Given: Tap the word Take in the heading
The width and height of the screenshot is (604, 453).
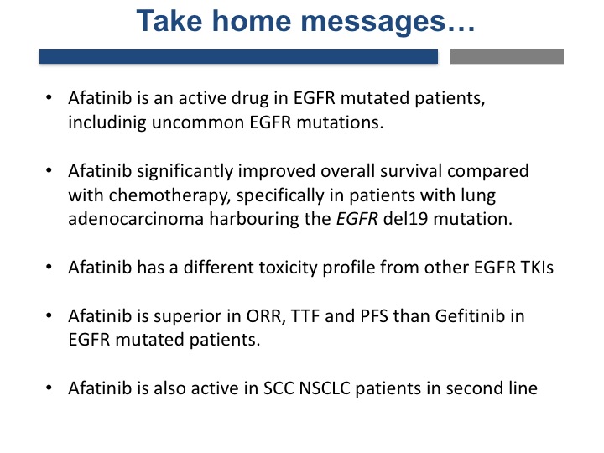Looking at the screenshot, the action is pyautogui.click(x=169, y=20).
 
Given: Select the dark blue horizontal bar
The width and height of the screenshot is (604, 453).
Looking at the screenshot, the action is pyautogui.click(x=238, y=57).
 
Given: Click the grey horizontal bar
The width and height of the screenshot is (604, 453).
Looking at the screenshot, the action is pyautogui.click(x=507, y=57).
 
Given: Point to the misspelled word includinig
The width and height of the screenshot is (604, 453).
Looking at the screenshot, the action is pyautogui.click(x=107, y=122).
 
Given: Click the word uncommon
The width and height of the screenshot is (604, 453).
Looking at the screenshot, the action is pyautogui.click(x=198, y=122).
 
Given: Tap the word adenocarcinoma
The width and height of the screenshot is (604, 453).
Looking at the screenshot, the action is pyautogui.click(x=136, y=219).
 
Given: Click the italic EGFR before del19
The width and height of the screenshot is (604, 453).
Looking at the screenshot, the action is pyautogui.click(x=357, y=219).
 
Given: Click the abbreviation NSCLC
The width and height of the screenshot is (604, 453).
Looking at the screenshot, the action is pyautogui.click(x=325, y=388).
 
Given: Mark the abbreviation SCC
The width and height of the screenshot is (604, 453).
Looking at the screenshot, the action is pyautogui.click(x=279, y=388).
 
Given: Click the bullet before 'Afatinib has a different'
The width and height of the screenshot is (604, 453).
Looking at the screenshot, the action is pyautogui.click(x=49, y=267).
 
